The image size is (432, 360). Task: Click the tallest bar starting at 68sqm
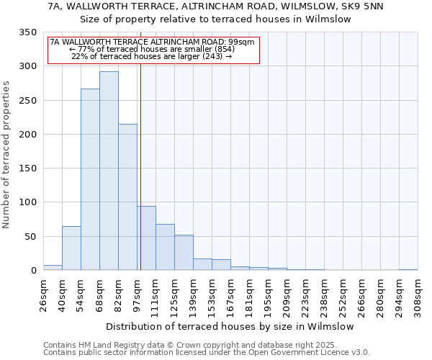[x=109, y=171]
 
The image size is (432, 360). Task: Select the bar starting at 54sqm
[x=90, y=179]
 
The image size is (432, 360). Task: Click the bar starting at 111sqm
[x=165, y=247]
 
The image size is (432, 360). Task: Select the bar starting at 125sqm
[x=184, y=253]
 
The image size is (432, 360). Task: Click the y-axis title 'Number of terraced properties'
[x=7, y=155]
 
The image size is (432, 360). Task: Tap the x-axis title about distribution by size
[x=230, y=326]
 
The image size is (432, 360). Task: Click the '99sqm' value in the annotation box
[x=241, y=42]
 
